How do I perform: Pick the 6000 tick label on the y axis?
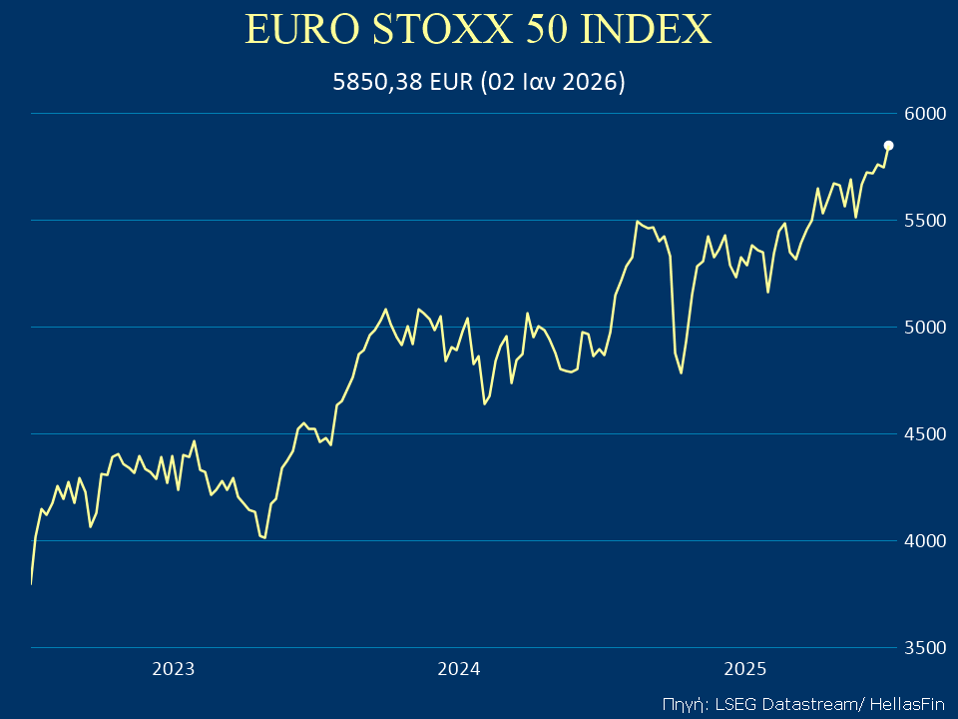pos(924,114)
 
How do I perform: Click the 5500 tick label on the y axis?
pos(924,221)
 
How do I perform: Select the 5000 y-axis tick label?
pos(924,328)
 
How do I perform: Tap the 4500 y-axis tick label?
pos(924,434)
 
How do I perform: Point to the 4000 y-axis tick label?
pos(924,541)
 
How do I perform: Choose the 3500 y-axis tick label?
pos(924,648)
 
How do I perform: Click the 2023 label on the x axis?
pos(173,669)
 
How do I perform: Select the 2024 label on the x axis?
pos(459,669)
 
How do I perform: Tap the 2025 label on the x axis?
pos(744,669)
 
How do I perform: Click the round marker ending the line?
pos(888,146)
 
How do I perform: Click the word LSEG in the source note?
pos(731,703)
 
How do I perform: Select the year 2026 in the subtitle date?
pos(592,82)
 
